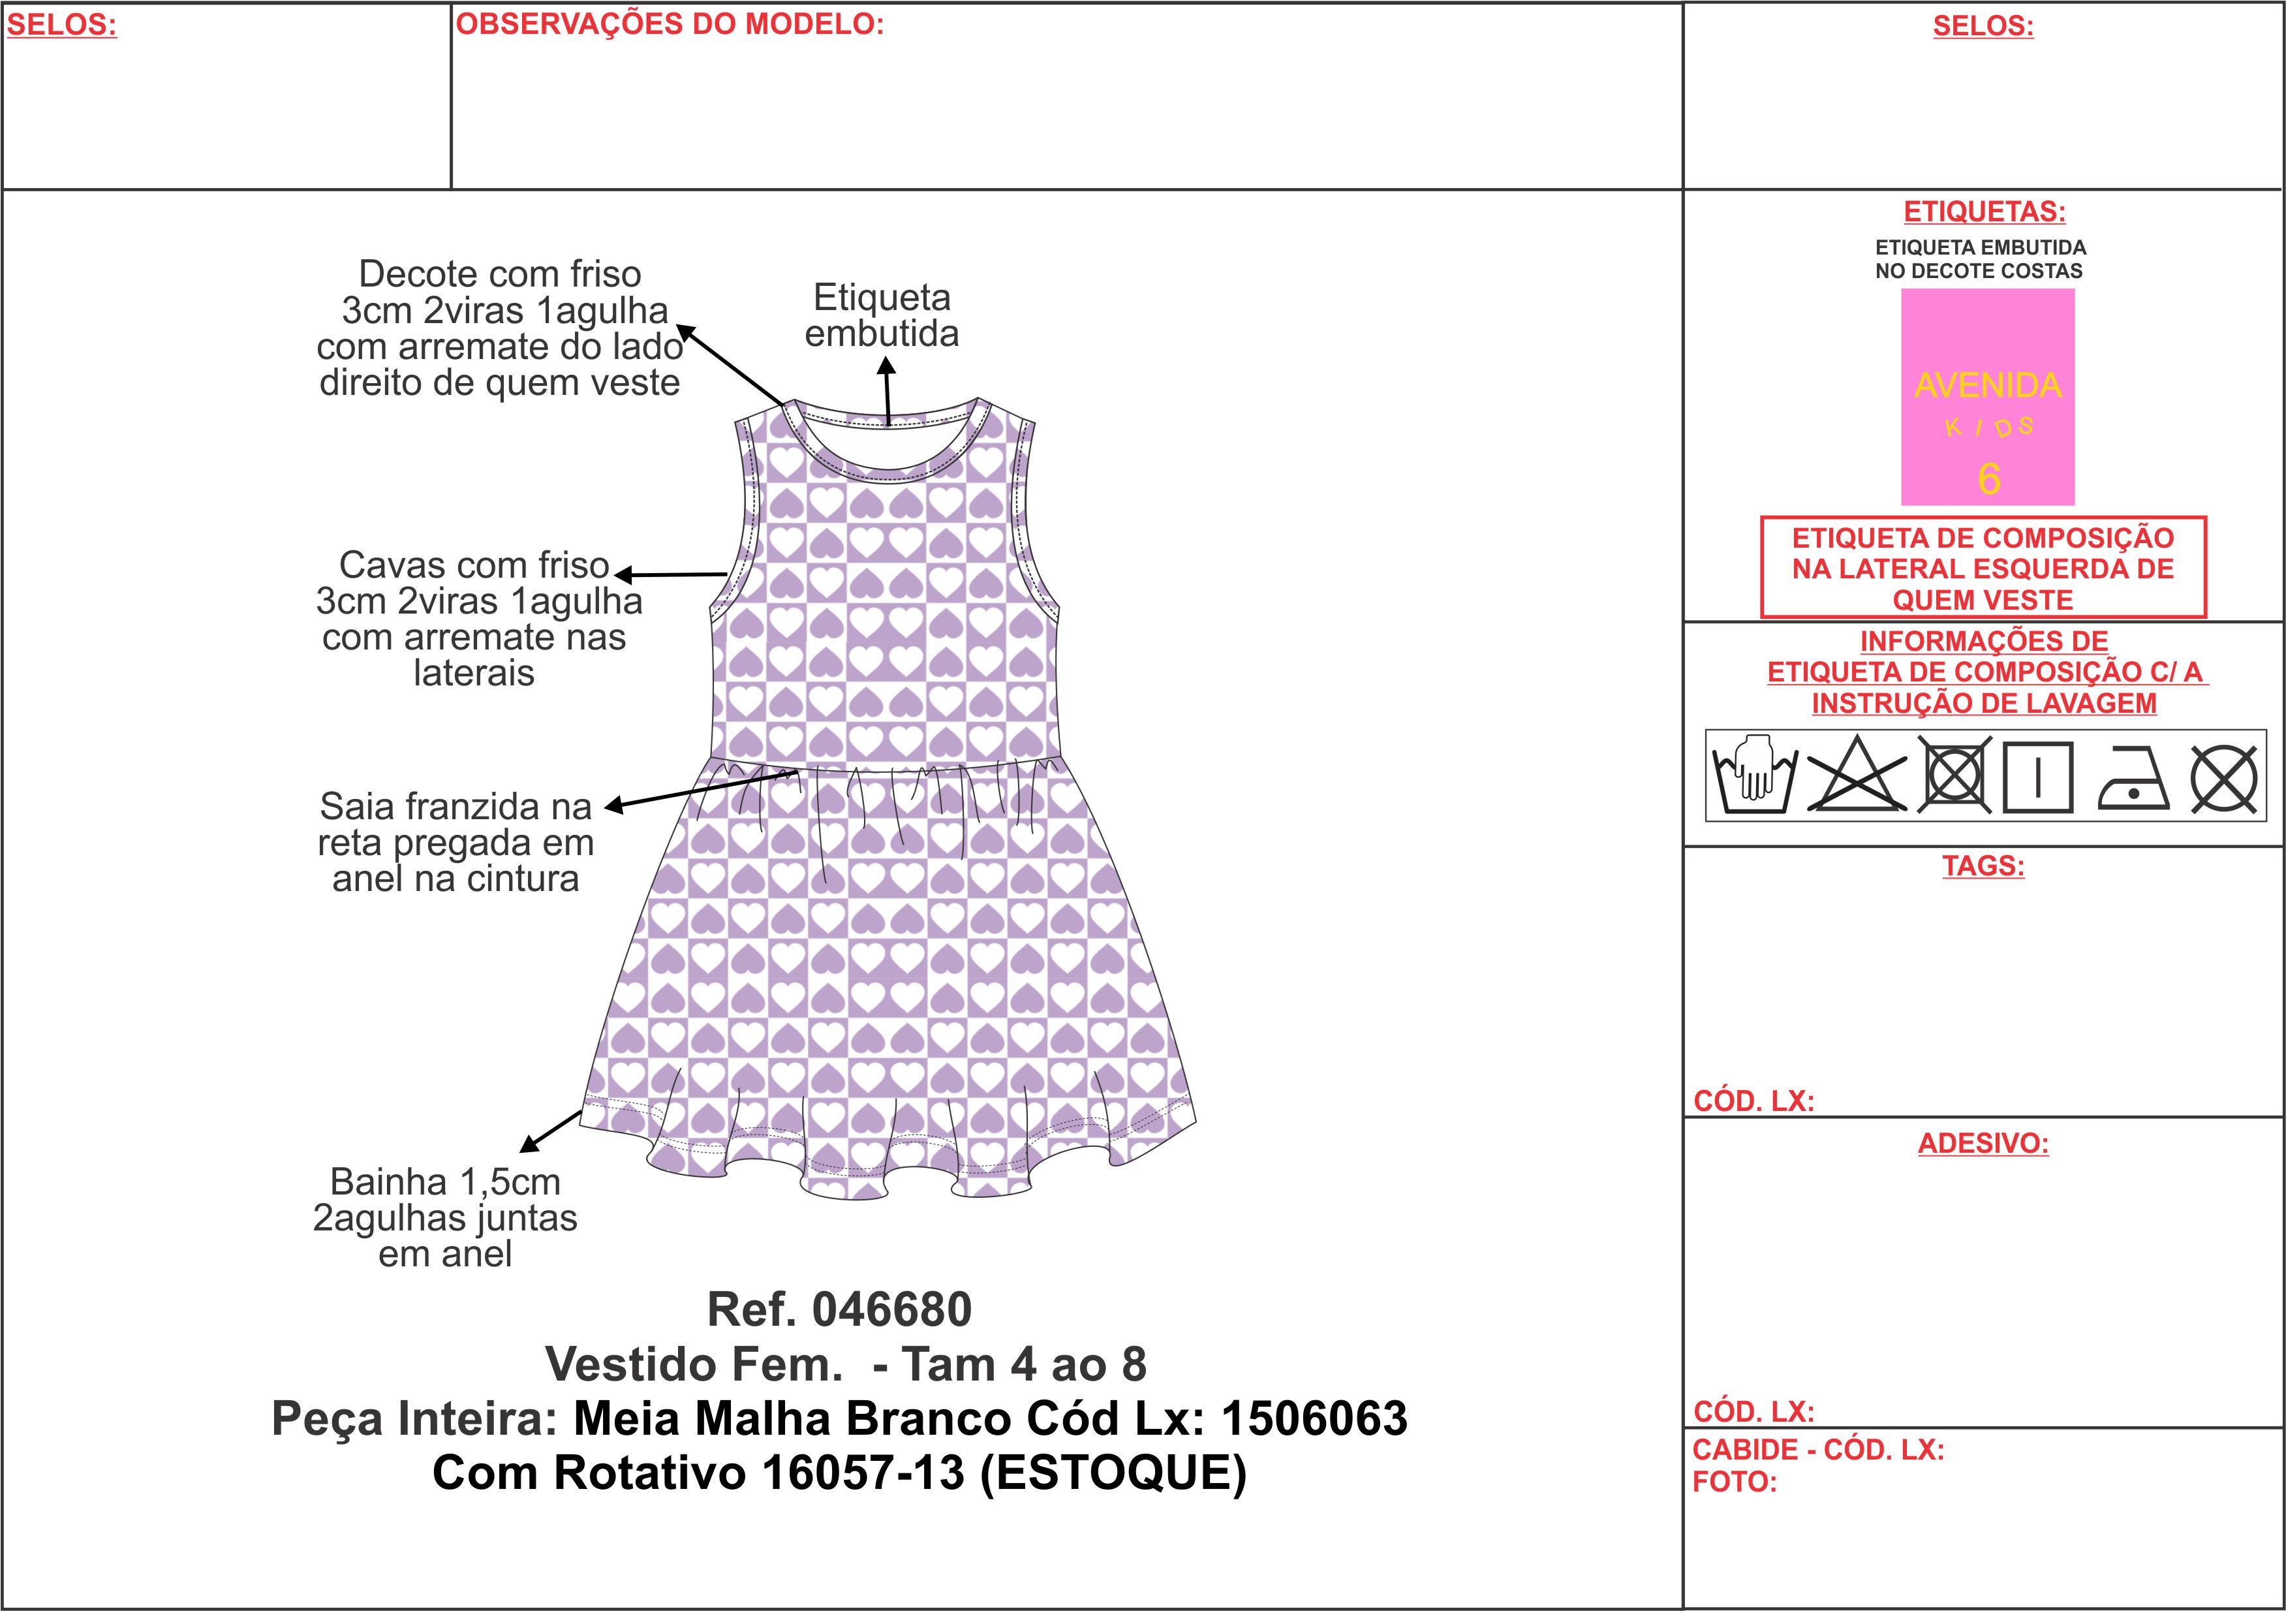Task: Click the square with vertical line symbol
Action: click(x=2037, y=777)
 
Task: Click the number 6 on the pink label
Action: click(x=1988, y=479)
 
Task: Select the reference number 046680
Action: click(x=892, y=1309)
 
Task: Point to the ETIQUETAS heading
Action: click(x=1985, y=212)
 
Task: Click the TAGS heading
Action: click(x=1983, y=866)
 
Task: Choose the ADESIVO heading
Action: click(x=1983, y=1143)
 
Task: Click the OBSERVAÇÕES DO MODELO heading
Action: click(x=670, y=24)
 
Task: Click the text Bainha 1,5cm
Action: click(x=445, y=1182)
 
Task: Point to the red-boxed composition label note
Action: click(x=1983, y=567)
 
